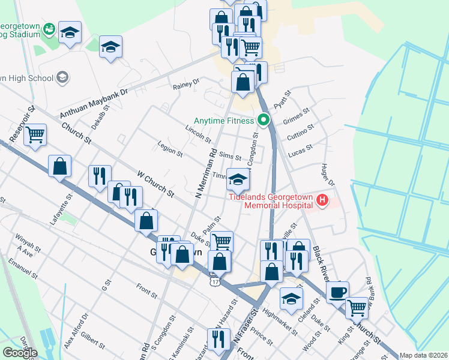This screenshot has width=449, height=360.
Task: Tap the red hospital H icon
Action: click(323, 200)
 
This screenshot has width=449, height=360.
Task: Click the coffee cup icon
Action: click(337, 292)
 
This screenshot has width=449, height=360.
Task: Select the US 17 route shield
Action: click(215, 281)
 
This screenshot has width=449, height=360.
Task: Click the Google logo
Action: click(20, 353)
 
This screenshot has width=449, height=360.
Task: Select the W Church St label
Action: click(155, 185)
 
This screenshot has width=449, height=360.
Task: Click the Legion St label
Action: click(170, 149)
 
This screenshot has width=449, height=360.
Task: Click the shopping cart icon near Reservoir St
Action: click(35, 134)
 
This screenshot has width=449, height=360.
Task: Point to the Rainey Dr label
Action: click(185, 84)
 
